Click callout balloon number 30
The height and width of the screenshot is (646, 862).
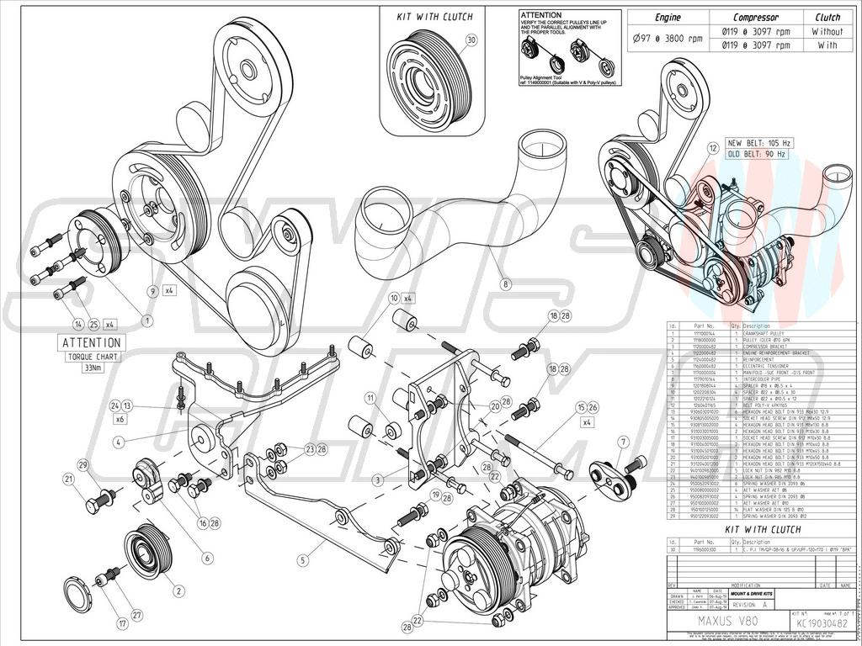[471, 40]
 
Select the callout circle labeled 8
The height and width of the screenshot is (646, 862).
[505, 284]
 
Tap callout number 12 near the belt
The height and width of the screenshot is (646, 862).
[713, 149]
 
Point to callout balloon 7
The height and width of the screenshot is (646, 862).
[624, 442]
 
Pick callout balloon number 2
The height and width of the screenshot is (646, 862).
[178, 590]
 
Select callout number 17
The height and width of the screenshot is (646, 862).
[123, 623]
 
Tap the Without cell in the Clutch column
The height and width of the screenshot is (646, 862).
[827, 31]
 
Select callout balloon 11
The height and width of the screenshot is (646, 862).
[370, 397]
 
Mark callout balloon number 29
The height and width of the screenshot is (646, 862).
[83, 465]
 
